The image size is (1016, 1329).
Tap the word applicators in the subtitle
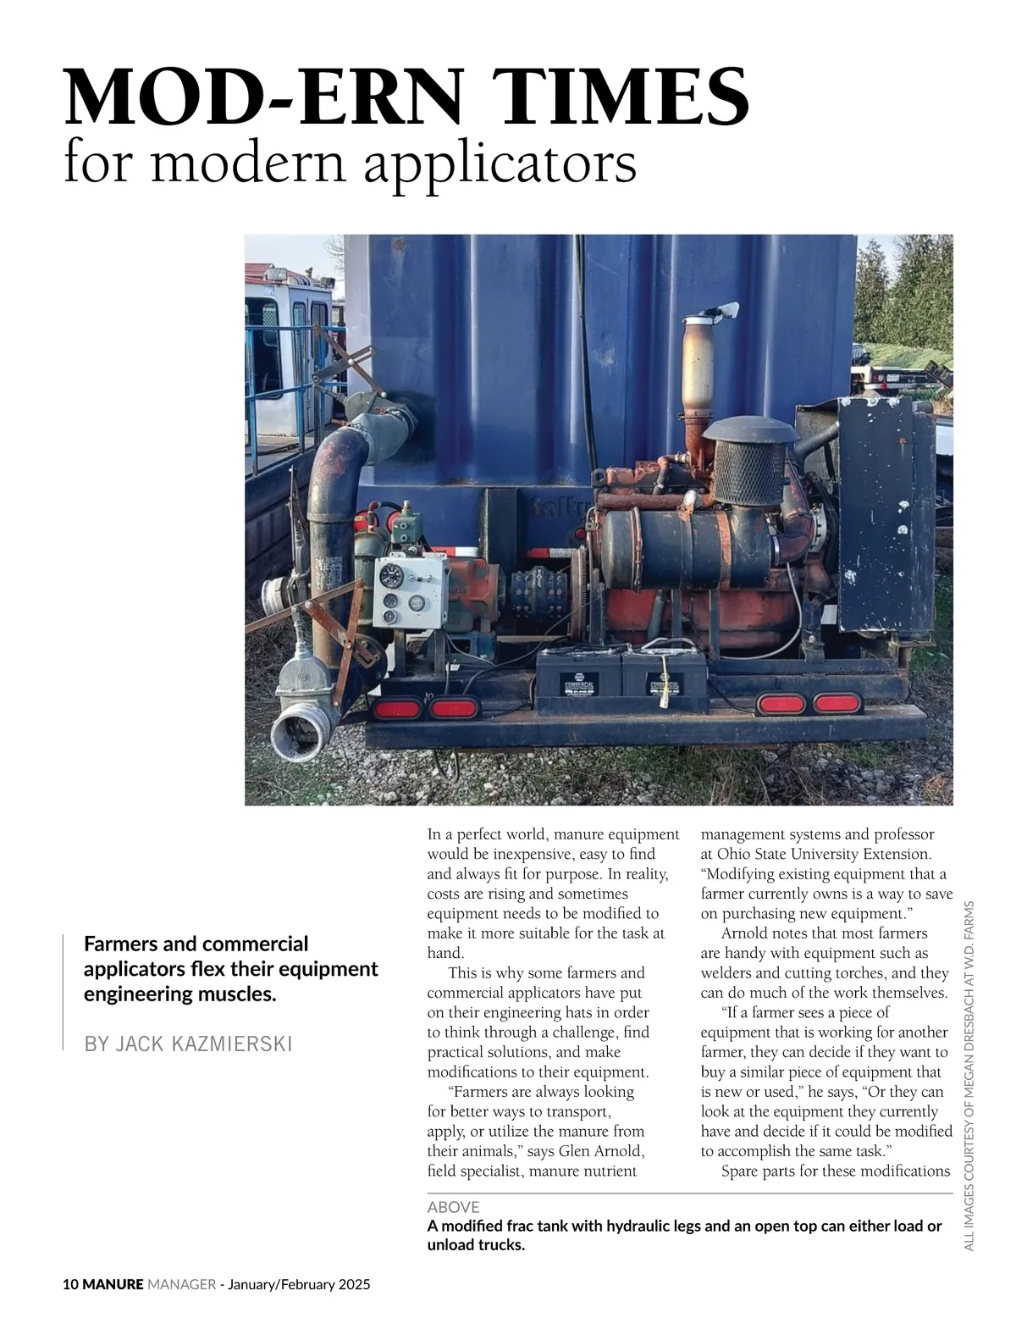500,164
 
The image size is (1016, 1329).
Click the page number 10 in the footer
71,1285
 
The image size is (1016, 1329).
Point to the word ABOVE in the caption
453,1207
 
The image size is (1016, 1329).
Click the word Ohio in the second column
734,854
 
